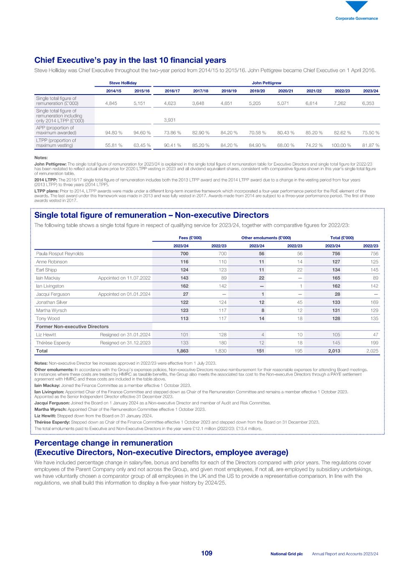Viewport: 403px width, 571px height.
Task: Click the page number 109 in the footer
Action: point(207,553)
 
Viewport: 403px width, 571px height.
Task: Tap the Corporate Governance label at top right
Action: point(357,18)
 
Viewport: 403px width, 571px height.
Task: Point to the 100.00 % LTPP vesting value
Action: point(339,146)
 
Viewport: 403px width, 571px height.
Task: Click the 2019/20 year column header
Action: point(257,91)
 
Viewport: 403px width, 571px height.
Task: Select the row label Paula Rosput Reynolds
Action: point(60,253)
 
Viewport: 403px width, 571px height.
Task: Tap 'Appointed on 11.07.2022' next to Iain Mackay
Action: point(124,278)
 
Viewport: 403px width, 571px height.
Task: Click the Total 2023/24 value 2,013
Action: point(334,351)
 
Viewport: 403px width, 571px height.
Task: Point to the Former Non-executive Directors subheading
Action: point(72,327)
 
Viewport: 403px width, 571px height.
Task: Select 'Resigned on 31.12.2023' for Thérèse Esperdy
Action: point(125,343)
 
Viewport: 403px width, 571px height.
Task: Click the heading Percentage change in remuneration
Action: point(103,443)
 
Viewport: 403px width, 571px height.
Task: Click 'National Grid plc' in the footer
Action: point(286,554)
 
